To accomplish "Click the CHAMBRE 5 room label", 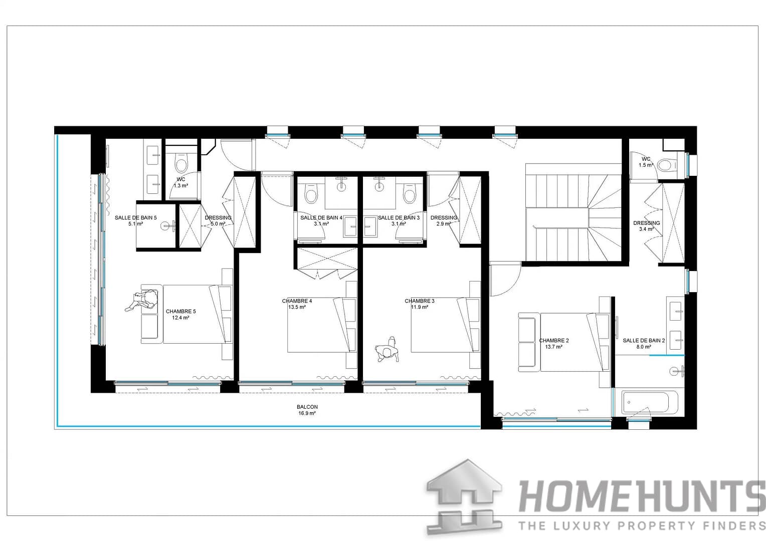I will point(180,311).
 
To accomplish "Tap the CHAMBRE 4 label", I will point(297,301).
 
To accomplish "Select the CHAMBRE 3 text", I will point(420,301).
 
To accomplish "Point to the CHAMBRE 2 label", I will point(553,341).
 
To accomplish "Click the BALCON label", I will point(307,407).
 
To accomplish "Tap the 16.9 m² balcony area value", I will point(307,414).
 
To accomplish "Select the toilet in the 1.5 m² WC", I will point(667,165).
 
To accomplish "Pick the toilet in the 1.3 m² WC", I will point(180,164).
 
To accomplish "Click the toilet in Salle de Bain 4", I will point(311,194).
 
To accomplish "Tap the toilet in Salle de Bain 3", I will point(410,194).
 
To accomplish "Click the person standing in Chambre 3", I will point(388,350).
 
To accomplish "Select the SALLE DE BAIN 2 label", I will point(644,341).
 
